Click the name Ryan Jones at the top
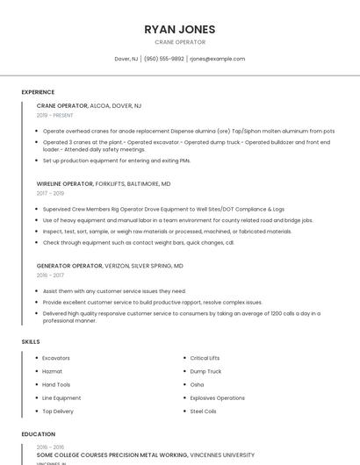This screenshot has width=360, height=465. coord(180,29)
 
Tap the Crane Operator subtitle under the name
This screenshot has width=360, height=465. coord(180,42)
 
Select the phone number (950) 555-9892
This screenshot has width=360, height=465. coord(164,59)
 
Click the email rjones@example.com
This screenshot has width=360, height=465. coord(218,59)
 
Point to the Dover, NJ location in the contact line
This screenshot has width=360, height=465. coord(126,59)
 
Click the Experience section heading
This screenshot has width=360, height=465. coord(38,92)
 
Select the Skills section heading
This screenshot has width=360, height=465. coord(31,341)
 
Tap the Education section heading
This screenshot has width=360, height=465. coord(39,433)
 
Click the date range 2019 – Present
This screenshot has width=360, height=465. coord(55,115)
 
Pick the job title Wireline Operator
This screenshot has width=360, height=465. coord(65,184)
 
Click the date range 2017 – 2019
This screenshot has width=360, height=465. coord(50,193)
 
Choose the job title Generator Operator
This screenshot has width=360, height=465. coord(69,265)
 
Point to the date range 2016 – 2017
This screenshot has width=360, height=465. coord(50,275)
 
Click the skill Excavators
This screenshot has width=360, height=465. coord(56,358)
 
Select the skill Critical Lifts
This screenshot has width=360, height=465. coord(205,358)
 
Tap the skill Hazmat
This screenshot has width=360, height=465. coord(52,371)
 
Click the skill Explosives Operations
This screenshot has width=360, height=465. coord(218,397)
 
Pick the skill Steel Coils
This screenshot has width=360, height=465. coord(203,411)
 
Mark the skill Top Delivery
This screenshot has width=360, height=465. coord(58,411)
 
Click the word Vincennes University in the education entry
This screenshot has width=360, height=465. coord(222,455)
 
